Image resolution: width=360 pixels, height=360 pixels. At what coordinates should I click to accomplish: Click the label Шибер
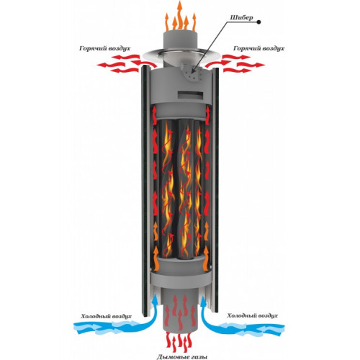pyautogui.click(x=241, y=18)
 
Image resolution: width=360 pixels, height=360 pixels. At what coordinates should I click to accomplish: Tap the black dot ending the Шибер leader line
pyautogui.click(x=258, y=22)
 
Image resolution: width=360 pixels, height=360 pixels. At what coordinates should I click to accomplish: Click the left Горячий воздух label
pyautogui.click(x=104, y=48)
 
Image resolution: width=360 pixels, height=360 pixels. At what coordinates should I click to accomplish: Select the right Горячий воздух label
pyautogui.click(x=258, y=48)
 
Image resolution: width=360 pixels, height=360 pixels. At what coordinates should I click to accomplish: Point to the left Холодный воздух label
pyautogui.click(x=106, y=316)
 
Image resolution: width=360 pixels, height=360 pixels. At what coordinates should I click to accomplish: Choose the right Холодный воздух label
pyautogui.click(x=252, y=315)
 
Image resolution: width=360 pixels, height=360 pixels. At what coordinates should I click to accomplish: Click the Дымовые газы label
pyautogui.click(x=182, y=357)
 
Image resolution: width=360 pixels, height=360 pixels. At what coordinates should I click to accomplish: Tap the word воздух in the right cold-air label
pyautogui.click(x=266, y=316)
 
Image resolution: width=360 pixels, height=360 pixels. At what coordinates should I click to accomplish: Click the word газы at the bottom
pyautogui.click(x=198, y=357)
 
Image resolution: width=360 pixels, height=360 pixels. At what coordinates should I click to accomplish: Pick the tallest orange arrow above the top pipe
pyautogui.click(x=179, y=14)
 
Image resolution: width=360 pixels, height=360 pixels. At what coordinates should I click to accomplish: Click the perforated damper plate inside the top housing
pyautogui.click(x=193, y=73)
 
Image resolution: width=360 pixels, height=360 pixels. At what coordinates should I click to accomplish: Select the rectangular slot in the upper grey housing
pyautogui.click(x=189, y=95)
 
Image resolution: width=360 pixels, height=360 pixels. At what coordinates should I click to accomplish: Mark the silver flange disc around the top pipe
pyautogui.click(x=180, y=54)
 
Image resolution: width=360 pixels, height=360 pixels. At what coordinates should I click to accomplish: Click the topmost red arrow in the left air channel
pyautogui.click(x=155, y=114)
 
